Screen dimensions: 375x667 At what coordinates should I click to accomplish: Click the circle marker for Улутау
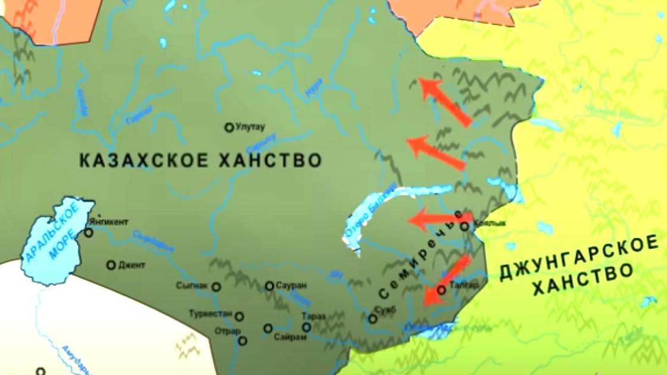tap(228, 127)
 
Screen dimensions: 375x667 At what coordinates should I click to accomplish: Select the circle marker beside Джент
tap(111, 265)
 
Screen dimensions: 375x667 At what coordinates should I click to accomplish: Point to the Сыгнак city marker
tap(216, 287)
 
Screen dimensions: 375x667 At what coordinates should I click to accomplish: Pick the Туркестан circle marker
tap(239, 317)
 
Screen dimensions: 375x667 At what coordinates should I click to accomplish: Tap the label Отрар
tap(229, 331)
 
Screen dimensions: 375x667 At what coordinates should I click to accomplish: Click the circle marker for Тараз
tap(307, 327)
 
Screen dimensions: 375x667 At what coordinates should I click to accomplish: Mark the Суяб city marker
tap(373, 319)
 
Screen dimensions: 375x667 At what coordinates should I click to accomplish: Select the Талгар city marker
tap(441, 290)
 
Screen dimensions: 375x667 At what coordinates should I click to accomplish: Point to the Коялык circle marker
tap(465, 226)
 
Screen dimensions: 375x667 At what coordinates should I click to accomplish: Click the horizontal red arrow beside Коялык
tap(438, 219)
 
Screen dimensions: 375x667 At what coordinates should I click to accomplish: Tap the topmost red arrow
tap(445, 101)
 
